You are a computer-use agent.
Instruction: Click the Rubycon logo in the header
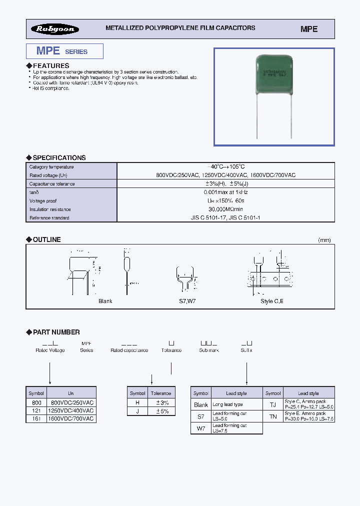(x=55, y=29)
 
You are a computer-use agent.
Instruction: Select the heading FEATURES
(x=50, y=65)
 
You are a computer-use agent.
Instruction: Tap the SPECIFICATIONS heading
(x=59, y=157)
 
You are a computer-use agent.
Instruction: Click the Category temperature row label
(x=51, y=166)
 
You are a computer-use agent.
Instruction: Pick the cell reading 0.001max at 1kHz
(x=225, y=192)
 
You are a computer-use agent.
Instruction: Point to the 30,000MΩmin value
(x=225, y=209)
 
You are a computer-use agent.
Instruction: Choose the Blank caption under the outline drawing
(x=105, y=301)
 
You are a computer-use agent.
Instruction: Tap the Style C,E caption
(x=272, y=301)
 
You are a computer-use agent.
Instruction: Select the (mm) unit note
(x=324, y=240)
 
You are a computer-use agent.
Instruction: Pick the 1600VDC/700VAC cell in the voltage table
(x=71, y=418)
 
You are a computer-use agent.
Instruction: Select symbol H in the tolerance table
(x=137, y=402)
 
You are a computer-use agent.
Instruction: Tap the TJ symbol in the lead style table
(x=273, y=404)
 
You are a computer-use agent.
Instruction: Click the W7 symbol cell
(x=201, y=428)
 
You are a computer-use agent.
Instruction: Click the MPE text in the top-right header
(x=309, y=29)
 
